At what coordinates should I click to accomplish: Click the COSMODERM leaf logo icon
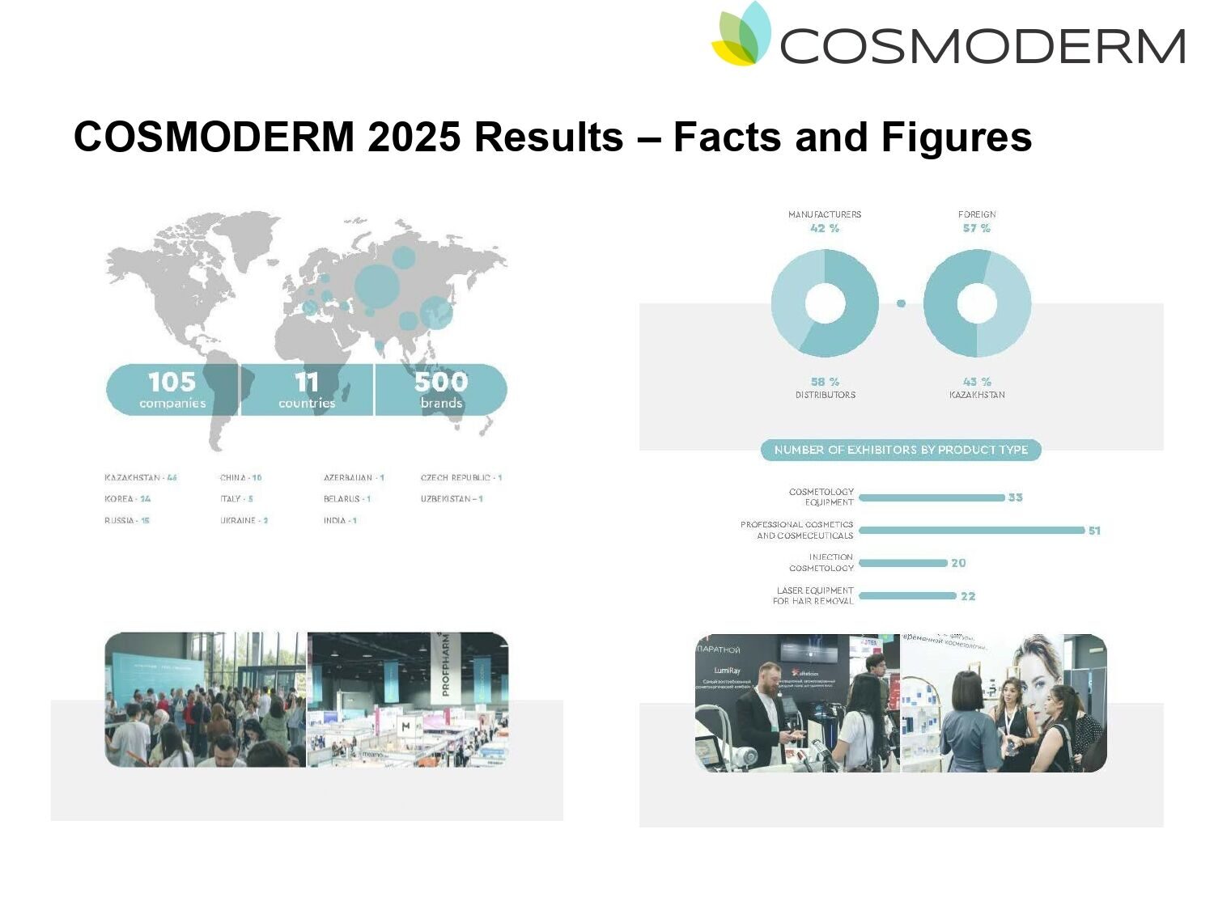coord(741,35)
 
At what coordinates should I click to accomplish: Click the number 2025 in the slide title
coord(414,137)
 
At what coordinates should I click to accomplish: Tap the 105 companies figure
coord(172,389)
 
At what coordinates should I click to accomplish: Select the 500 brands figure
coord(441,389)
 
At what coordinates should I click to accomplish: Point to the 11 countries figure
coord(307,389)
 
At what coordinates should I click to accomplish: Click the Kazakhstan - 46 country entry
coord(141,478)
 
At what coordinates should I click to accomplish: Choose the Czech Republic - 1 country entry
coord(461,478)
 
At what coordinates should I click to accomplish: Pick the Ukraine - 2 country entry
coord(244,521)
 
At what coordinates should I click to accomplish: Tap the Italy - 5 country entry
coord(237,499)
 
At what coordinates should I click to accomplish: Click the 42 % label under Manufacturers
coord(825,229)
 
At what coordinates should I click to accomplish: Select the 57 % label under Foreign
coord(977,229)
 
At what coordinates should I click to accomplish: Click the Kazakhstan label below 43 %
coord(977,396)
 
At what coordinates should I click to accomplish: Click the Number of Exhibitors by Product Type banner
coord(901,450)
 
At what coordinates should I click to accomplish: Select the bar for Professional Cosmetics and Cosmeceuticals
coord(971,531)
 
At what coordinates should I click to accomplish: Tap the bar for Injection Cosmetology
coord(903,563)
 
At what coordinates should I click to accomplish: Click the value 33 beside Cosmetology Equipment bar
coord(1016,497)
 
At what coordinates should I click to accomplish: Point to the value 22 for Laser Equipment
coord(968,596)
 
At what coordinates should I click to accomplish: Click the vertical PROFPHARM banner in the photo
coord(446,666)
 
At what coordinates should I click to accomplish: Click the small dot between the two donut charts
coord(901,303)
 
